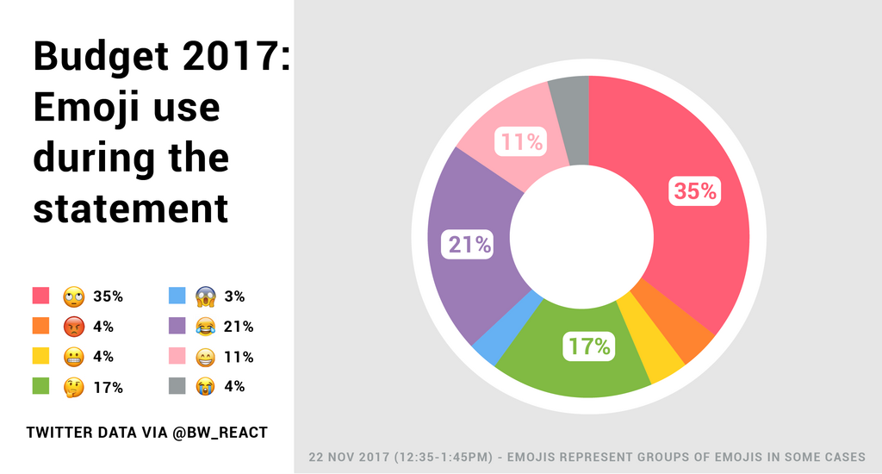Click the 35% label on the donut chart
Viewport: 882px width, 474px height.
coord(695,191)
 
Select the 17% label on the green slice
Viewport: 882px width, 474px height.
coord(588,346)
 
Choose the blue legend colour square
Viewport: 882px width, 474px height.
coord(177,296)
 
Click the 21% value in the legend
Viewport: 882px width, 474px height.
coord(238,327)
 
